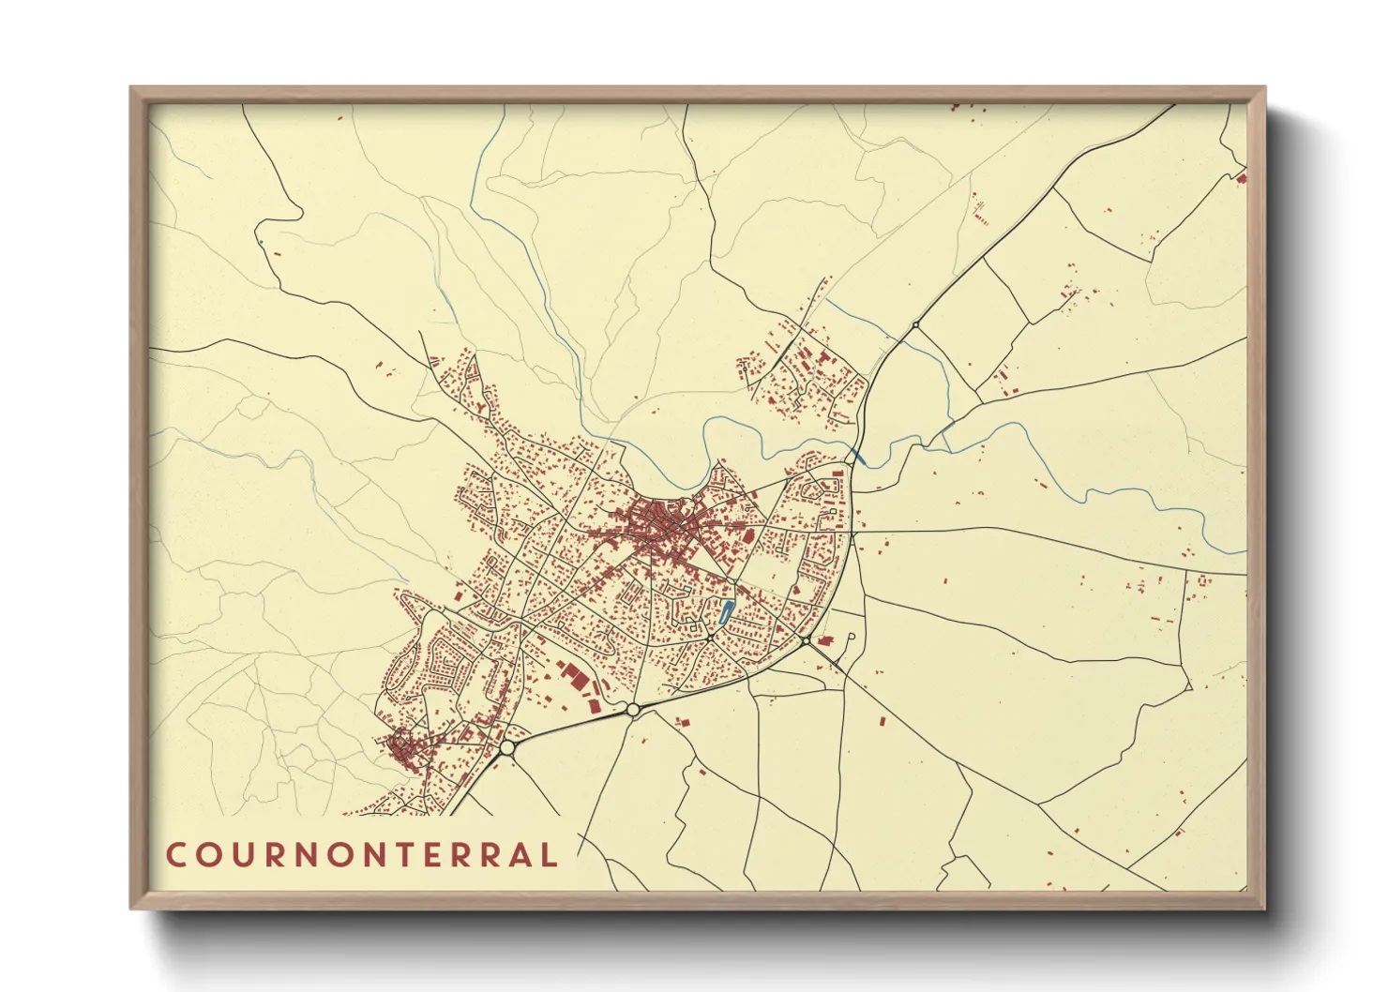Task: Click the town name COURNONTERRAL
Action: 362,854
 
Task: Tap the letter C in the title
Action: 175,854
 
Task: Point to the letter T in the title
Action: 394,854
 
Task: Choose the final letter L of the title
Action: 548,854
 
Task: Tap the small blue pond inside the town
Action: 723,614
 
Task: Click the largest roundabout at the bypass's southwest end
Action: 507,747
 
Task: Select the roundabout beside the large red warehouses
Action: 632,710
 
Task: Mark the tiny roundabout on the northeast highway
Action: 915,324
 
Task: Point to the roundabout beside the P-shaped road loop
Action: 806,640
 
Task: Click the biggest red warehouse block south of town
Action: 573,677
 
